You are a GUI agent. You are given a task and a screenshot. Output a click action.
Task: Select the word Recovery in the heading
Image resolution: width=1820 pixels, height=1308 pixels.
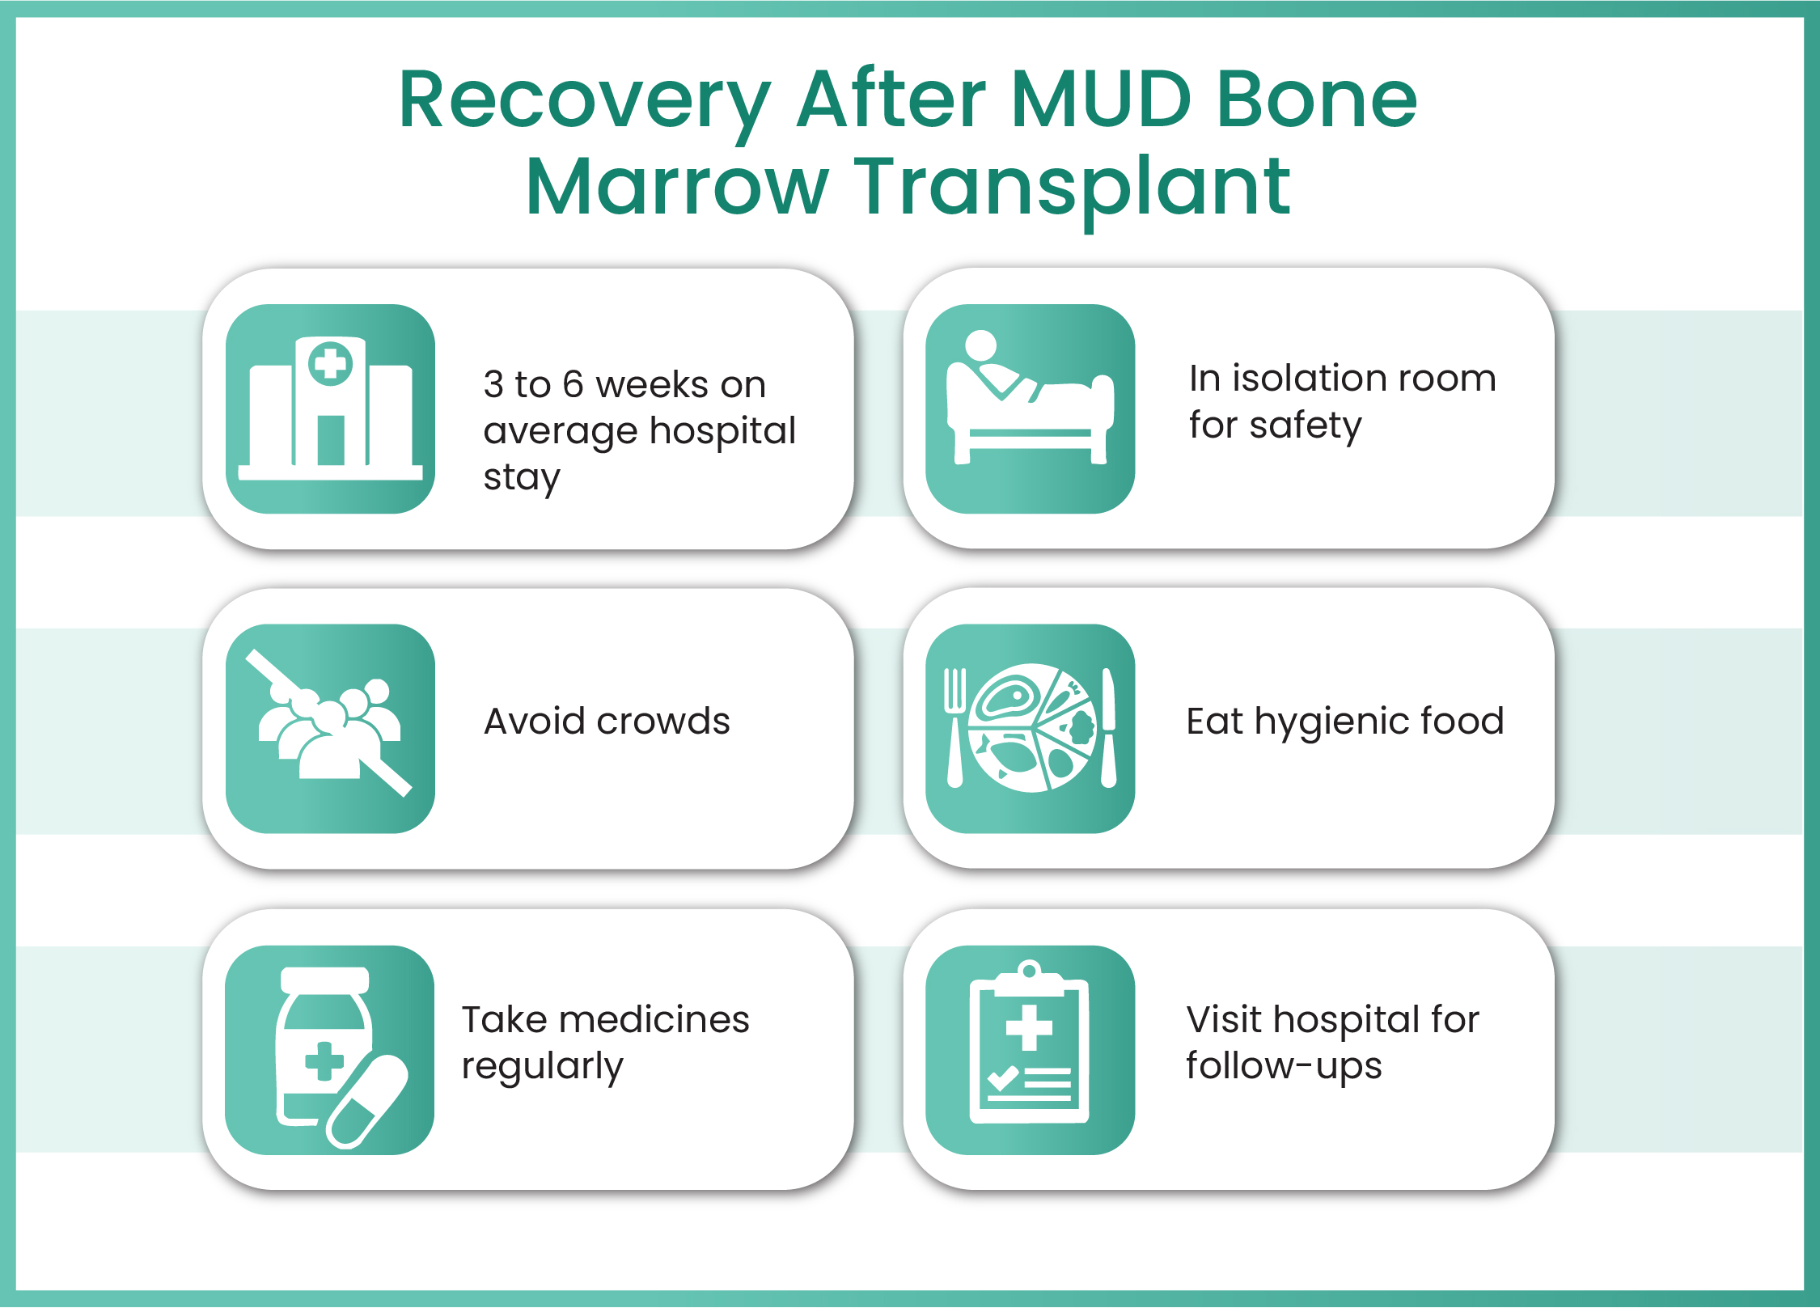(x=585, y=105)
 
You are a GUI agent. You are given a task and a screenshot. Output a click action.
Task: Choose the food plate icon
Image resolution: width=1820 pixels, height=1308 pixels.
(x=1030, y=728)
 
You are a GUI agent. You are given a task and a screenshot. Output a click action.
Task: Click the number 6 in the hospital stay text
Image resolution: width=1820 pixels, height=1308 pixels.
(x=573, y=384)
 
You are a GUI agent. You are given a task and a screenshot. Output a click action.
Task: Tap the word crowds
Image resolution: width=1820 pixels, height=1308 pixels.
(x=662, y=721)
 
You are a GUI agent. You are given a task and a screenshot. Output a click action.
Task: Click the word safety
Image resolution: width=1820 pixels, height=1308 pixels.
(x=1306, y=426)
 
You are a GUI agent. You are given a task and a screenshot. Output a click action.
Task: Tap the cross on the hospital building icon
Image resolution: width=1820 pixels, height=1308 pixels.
(x=330, y=363)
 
